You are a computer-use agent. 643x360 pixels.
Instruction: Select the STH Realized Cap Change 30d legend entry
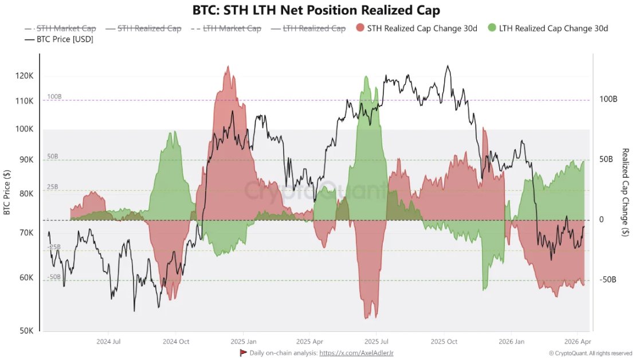[x=417, y=28]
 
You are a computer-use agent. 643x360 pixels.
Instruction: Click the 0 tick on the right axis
[x=602, y=220]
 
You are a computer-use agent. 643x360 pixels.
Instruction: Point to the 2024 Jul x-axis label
[x=108, y=342]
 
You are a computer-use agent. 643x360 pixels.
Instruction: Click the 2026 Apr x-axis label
[x=578, y=342]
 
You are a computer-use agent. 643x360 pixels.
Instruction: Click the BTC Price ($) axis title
[x=7, y=194]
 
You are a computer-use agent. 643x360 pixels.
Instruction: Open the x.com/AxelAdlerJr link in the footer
[x=356, y=353]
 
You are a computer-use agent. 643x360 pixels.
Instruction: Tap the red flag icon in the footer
[x=243, y=353]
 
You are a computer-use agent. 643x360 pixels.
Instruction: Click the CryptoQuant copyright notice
[x=590, y=353]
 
